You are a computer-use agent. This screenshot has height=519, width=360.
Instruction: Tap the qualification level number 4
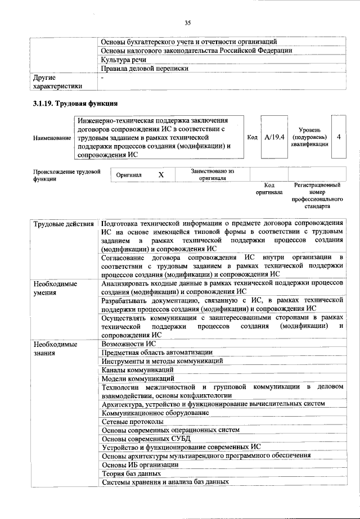tap(338, 137)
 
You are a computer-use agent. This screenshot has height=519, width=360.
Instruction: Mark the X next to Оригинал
tap(161, 175)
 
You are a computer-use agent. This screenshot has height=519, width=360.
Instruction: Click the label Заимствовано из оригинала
tap(212, 175)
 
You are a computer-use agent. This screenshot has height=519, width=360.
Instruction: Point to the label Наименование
tap(52, 137)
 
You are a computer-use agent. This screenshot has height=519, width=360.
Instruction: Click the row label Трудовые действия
tap(63, 225)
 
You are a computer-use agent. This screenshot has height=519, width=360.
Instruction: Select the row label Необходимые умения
tap(55, 288)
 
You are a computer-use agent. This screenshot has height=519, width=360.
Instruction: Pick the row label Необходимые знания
tap(55, 348)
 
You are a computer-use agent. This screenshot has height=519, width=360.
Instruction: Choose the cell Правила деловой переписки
tap(144, 69)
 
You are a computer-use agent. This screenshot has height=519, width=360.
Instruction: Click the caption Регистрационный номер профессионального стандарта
tap(318, 196)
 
